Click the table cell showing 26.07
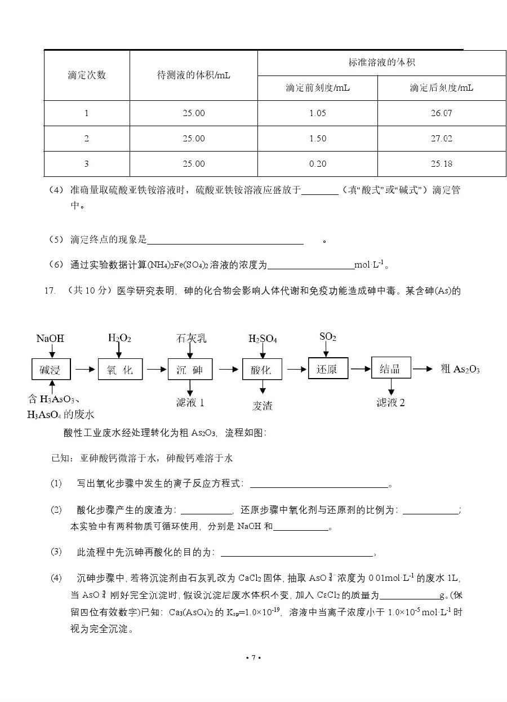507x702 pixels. [441, 113]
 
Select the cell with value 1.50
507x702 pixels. [318, 139]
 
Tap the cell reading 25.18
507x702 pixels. [441, 164]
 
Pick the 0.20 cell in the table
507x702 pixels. [318, 164]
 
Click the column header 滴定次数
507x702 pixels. [87, 75]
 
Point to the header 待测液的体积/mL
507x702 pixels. [193, 75]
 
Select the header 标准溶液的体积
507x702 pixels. [381, 63]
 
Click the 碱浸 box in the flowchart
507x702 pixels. [51, 370]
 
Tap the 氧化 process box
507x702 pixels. [119, 370]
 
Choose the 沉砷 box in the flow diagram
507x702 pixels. [190, 370]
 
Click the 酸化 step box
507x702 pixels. [261, 370]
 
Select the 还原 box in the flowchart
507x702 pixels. [328, 369]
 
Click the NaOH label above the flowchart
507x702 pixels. [50, 339]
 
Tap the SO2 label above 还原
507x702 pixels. [327, 337]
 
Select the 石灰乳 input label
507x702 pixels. [191, 338]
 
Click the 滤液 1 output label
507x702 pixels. [190, 403]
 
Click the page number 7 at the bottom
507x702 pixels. [253, 657]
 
